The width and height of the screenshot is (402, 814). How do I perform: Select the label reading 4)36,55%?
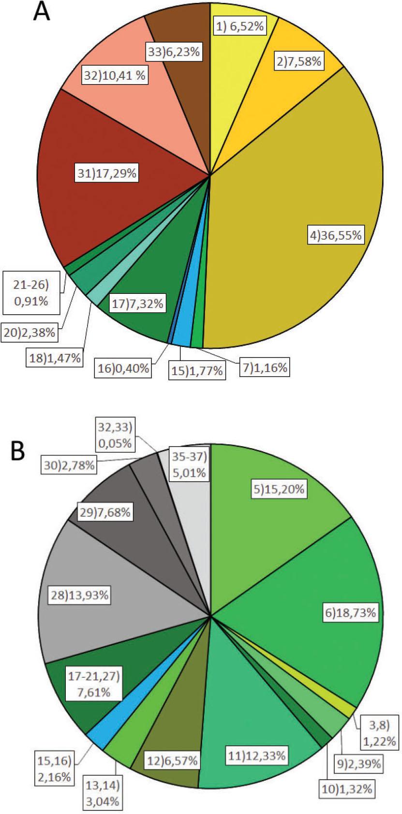(335, 235)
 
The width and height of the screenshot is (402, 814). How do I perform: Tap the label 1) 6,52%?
(240, 27)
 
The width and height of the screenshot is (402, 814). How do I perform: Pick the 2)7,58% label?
(299, 61)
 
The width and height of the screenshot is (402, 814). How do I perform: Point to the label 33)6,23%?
(174, 52)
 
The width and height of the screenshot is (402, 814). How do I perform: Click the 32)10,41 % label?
(115, 75)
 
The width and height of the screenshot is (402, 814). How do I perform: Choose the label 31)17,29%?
(107, 174)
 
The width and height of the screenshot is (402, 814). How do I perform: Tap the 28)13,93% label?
(80, 596)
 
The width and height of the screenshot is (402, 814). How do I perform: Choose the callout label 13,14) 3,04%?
(102, 794)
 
